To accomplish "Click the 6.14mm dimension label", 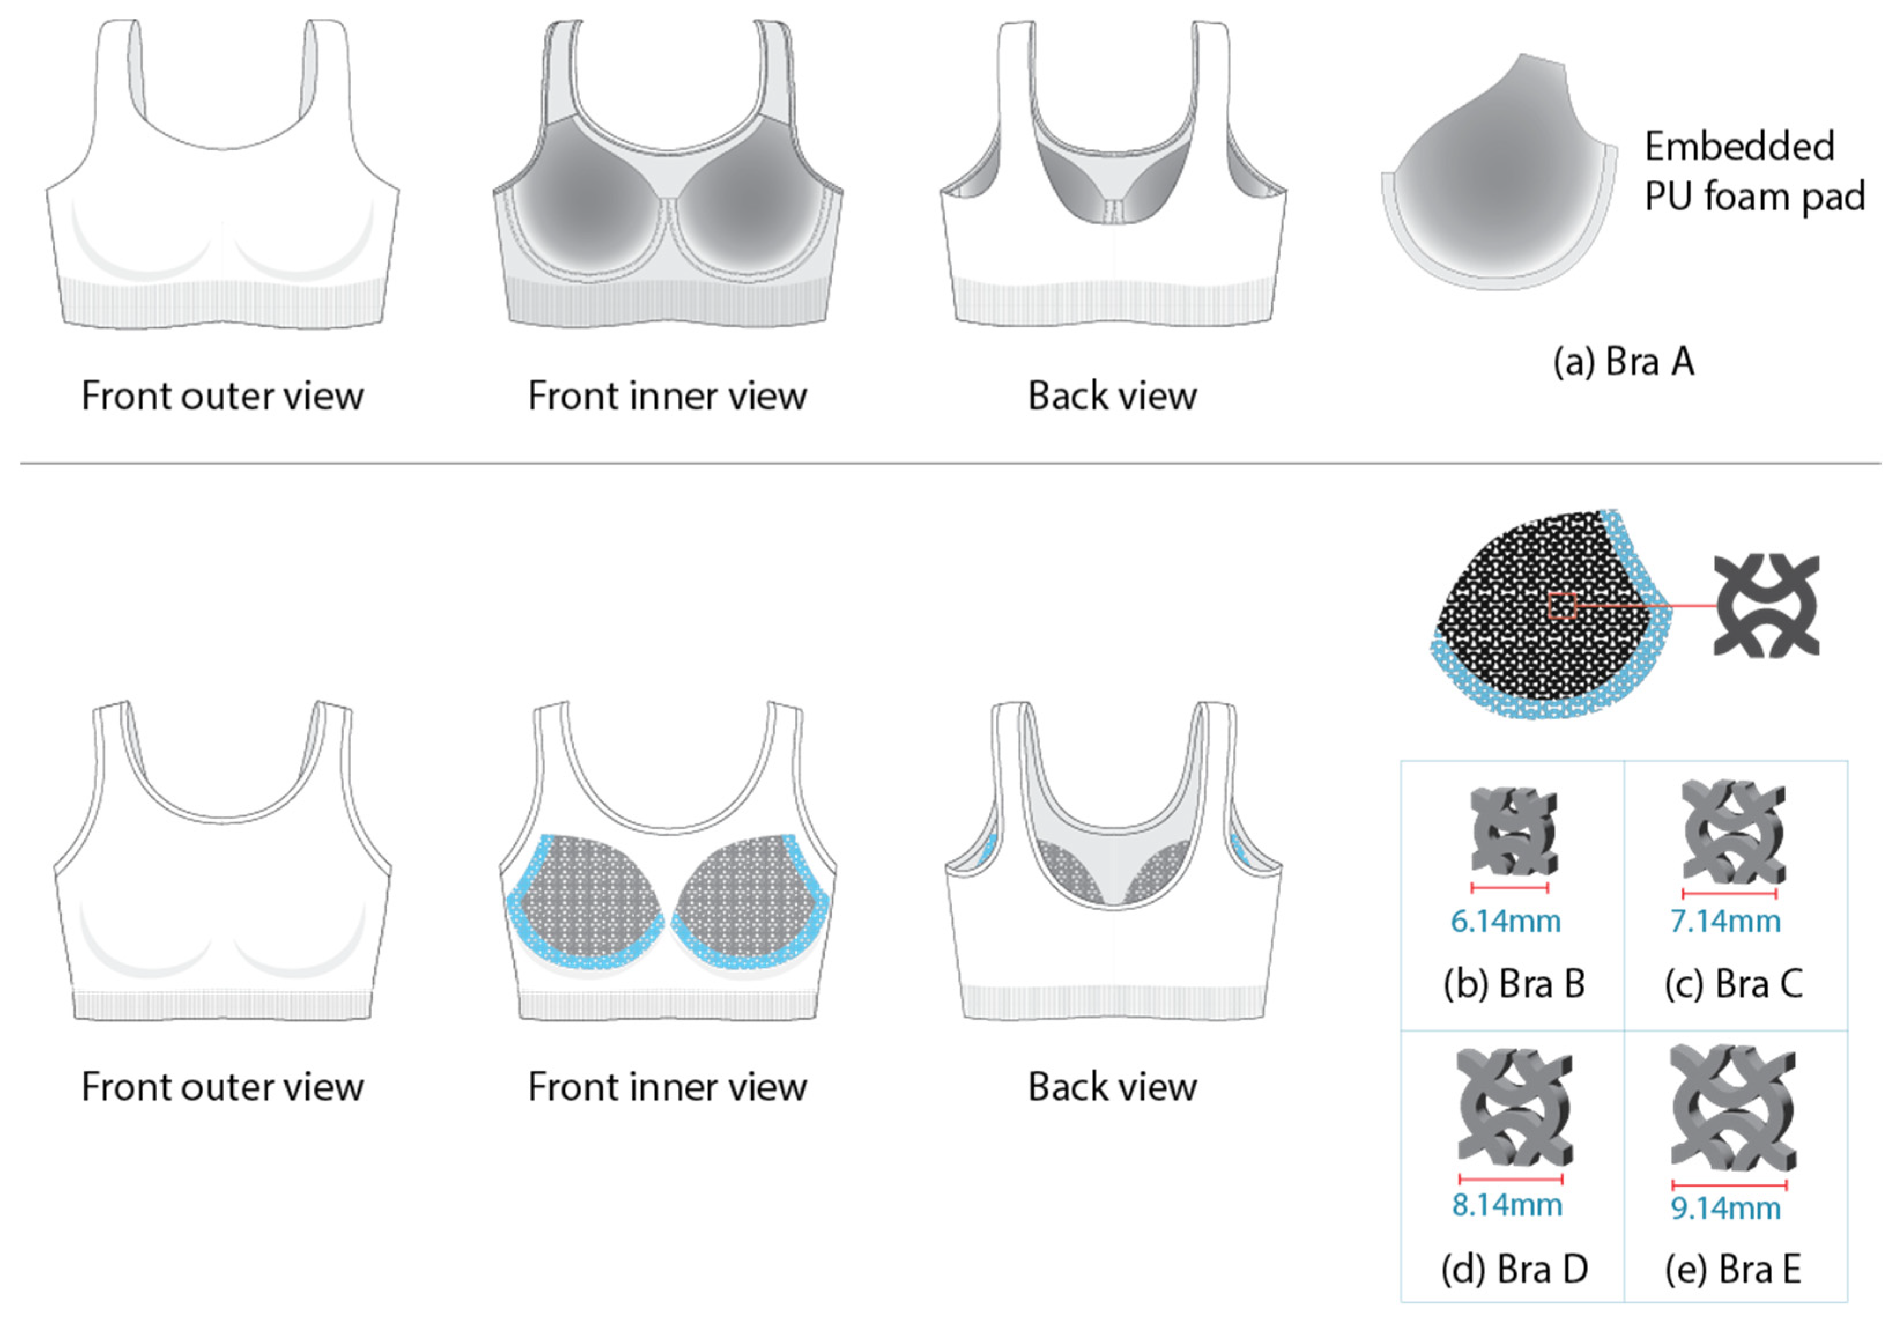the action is [x=1505, y=922].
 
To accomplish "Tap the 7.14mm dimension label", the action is [x=1725, y=922].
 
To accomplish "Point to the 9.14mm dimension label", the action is [x=1725, y=1209].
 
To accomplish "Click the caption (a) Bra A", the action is [x=1624, y=362].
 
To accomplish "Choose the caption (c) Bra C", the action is [x=1734, y=984].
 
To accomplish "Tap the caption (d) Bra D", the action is [x=1515, y=1269].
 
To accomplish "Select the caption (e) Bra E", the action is [x=1733, y=1269].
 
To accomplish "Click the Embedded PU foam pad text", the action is [x=1754, y=171].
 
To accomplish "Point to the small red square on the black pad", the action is [x=1561, y=606].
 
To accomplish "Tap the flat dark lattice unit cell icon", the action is [x=1766, y=606].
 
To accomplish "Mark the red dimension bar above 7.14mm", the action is [x=1730, y=894].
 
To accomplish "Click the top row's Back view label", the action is [x=1112, y=396].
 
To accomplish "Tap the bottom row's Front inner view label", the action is [x=667, y=1087].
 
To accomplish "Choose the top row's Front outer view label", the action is [x=222, y=396].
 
